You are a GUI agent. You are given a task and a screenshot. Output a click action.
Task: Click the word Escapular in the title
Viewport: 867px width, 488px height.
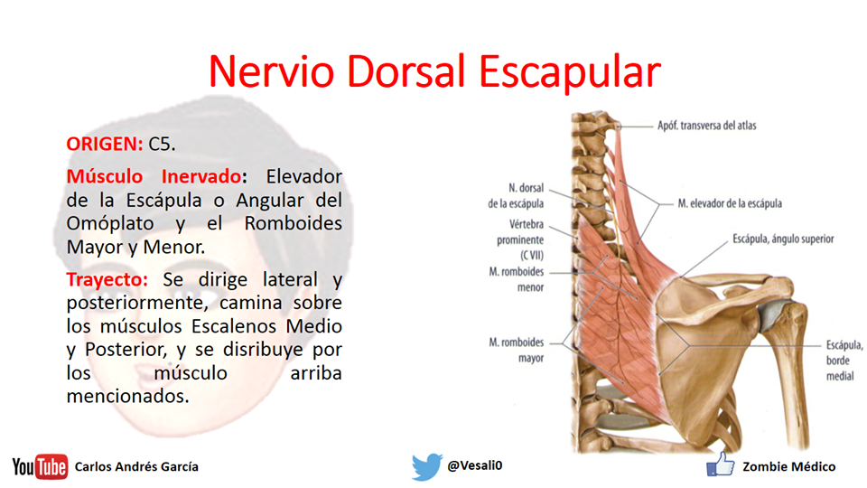569,72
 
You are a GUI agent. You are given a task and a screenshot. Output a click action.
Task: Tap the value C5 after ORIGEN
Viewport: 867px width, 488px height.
162,143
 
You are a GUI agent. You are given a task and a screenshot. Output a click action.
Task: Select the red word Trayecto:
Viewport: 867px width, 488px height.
107,278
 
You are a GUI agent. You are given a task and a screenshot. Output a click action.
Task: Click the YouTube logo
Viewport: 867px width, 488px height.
40,466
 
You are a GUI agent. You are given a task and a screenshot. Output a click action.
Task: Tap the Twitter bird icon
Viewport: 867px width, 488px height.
426,466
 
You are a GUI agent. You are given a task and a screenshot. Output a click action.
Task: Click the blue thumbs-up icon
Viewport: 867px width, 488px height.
720,465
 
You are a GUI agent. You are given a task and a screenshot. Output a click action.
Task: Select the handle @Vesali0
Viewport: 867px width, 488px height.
475,466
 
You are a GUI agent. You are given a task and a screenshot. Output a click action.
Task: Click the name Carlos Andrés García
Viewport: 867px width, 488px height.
136,467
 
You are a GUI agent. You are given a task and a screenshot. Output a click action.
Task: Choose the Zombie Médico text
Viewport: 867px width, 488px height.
788,466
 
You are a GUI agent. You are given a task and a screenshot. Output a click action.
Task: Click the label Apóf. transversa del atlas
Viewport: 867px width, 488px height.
706,126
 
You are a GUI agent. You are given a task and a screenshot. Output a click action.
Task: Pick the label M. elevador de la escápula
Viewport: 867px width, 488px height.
730,204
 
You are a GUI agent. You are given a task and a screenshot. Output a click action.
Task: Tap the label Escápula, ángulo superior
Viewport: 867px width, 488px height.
781,239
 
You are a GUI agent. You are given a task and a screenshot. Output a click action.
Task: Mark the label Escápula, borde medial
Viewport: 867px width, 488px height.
844,361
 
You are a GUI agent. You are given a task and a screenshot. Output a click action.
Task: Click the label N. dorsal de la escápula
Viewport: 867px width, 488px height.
515,196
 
